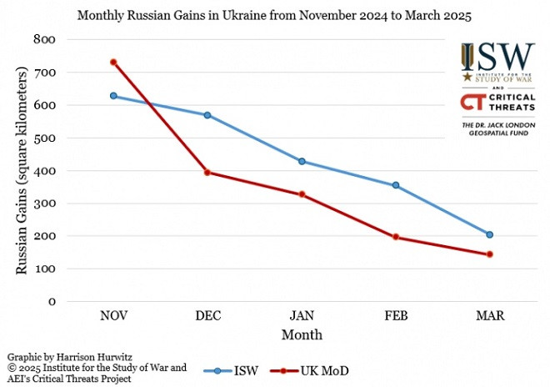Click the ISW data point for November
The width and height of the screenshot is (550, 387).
[x=113, y=96]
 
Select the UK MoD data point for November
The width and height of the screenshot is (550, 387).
[x=113, y=63]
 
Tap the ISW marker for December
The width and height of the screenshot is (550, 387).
[x=207, y=115]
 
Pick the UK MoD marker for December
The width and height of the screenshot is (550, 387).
[x=207, y=173]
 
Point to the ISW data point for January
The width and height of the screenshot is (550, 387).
[x=302, y=161]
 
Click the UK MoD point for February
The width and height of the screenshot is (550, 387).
[x=396, y=237]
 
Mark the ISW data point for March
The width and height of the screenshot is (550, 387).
[x=489, y=234]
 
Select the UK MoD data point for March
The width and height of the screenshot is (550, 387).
[x=489, y=254]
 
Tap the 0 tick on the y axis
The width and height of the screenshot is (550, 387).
[x=51, y=302]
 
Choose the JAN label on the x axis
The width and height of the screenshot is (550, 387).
[x=302, y=317]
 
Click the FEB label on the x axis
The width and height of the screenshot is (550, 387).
[x=396, y=317]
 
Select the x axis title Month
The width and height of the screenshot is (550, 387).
[x=302, y=334]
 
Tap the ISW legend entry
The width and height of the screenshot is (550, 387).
[x=238, y=369]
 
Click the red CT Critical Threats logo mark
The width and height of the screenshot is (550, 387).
[x=473, y=103]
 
